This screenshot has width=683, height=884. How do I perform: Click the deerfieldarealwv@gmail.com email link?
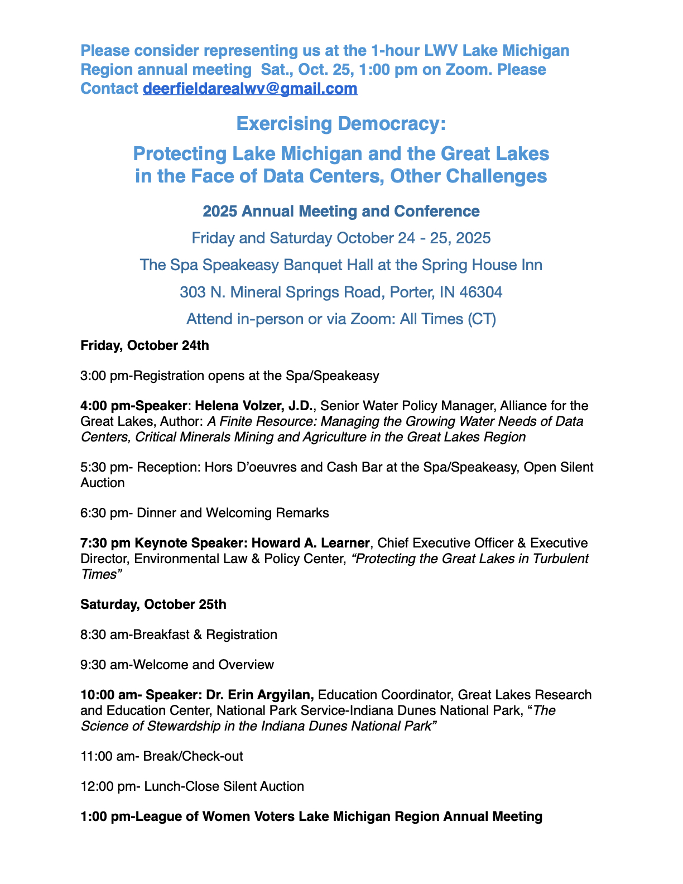click(250, 89)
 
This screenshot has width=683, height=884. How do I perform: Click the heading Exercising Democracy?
click(341, 123)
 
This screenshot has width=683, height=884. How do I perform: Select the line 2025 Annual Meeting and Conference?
click(341, 212)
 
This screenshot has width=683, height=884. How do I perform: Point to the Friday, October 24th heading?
click(145, 345)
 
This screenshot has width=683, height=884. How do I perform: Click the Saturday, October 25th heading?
click(153, 604)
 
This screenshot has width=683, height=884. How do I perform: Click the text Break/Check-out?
click(193, 756)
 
